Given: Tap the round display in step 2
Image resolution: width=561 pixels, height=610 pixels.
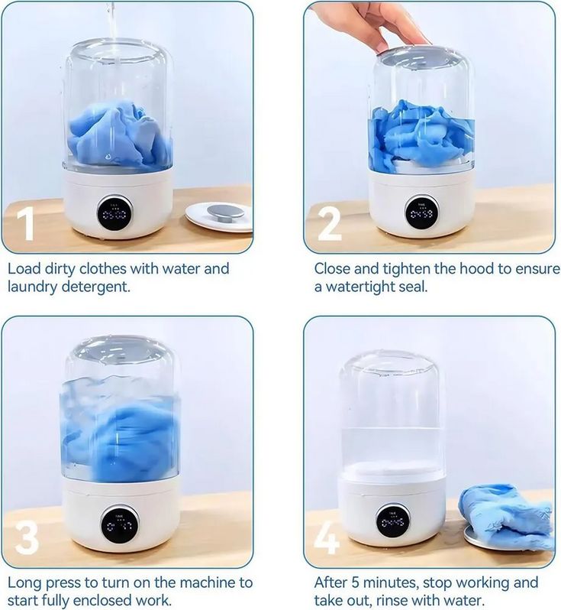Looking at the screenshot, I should tap(421, 213).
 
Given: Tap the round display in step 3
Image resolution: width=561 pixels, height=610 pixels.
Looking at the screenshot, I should tap(121, 525).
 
